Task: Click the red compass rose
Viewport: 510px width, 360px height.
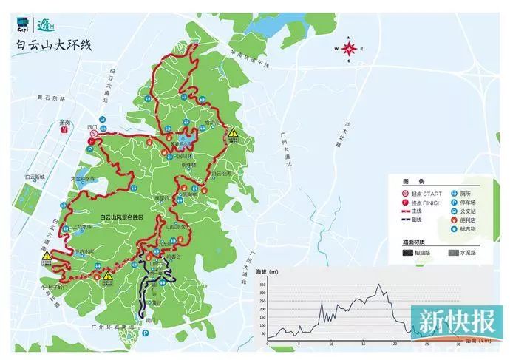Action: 350,50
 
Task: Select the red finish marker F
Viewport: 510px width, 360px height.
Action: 92,140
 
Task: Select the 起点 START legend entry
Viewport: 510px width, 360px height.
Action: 424,191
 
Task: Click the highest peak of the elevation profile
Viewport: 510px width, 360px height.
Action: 379,285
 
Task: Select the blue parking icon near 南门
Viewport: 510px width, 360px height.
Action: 144,334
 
